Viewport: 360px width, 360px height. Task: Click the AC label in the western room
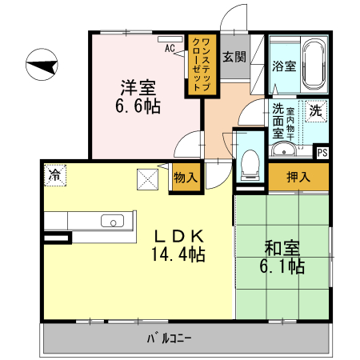click(170, 48)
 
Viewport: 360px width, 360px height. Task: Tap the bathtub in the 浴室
click(313, 66)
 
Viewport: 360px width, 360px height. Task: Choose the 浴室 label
click(283, 66)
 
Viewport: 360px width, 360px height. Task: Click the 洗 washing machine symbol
click(316, 111)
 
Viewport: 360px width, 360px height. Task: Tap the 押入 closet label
click(298, 177)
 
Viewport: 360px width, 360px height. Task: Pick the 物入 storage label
click(185, 177)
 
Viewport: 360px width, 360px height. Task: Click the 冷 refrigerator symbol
click(54, 173)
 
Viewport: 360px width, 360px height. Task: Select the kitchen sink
click(110, 222)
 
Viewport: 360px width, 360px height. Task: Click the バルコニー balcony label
click(169, 338)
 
